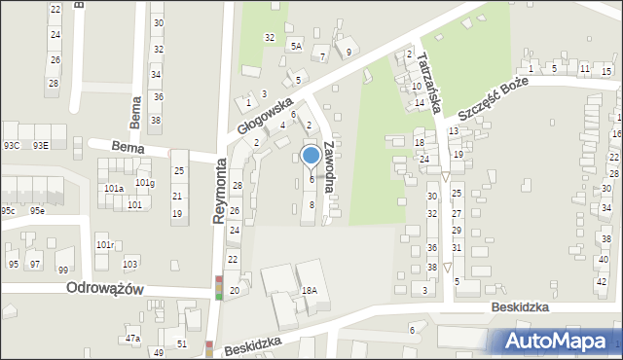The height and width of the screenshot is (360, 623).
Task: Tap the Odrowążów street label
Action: tap(105, 289)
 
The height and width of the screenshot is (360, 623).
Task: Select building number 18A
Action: tap(310, 291)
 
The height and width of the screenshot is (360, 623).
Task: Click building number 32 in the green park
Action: tap(270, 37)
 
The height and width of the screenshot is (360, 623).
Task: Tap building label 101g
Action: tap(144, 183)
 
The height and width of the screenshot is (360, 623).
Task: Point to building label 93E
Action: tap(40, 146)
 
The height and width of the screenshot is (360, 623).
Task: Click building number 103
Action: tap(129, 265)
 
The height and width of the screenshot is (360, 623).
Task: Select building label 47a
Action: tap(132, 339)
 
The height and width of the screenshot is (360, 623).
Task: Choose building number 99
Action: tap(63, 270)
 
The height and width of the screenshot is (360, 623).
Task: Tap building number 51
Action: tap(182, 344)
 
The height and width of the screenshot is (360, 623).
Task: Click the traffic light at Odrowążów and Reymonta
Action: tap(219, 289)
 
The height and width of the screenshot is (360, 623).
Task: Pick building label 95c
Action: tap(8, 210)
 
